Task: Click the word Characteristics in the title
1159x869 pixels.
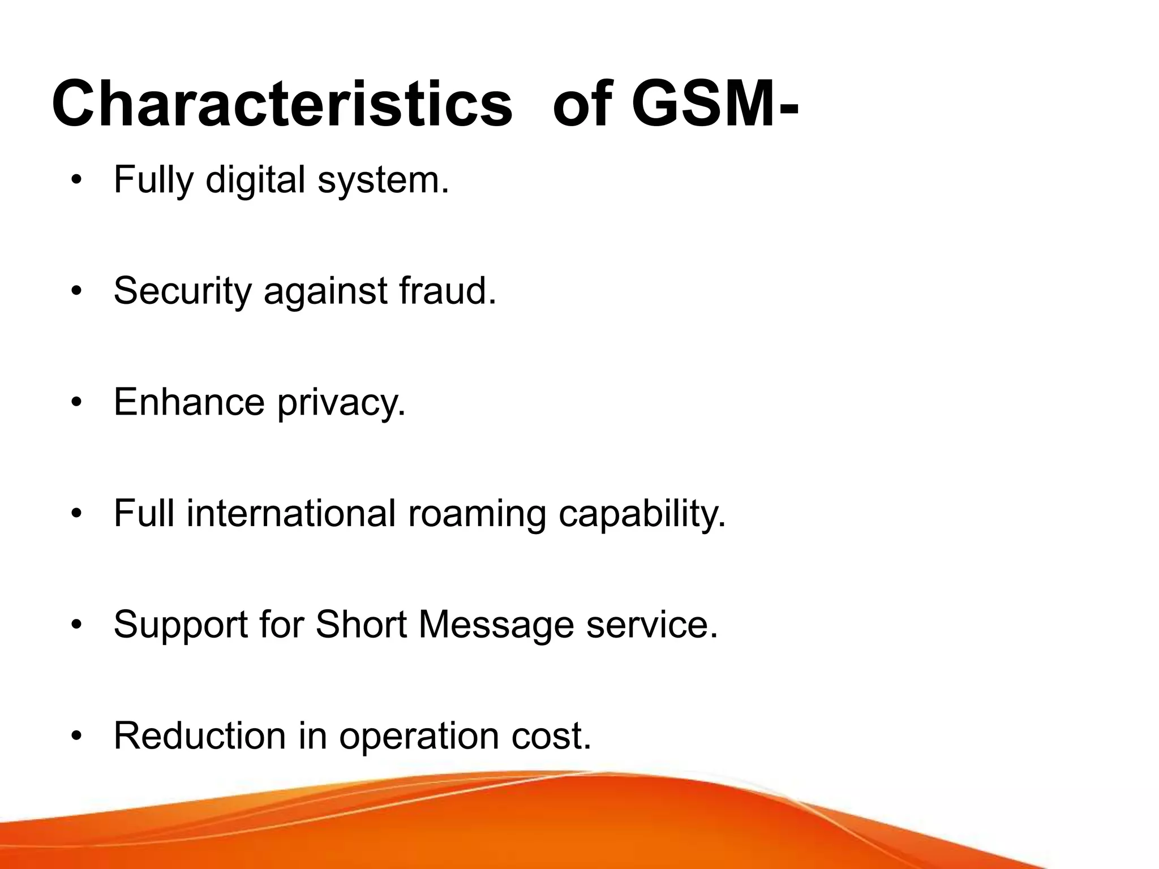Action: click(x=282, y=105)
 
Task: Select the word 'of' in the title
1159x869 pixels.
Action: click(x=582, y=105)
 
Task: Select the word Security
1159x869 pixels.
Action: click(x=183, y=291)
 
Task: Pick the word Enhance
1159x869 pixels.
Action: click(x=189, y=402)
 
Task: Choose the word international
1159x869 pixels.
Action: click(x=291, y=513)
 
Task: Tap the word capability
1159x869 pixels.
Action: click(x=642, y=514)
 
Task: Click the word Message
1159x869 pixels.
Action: click(x=496, y=625)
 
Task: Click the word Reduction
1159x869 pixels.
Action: click(x=200, y=735)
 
